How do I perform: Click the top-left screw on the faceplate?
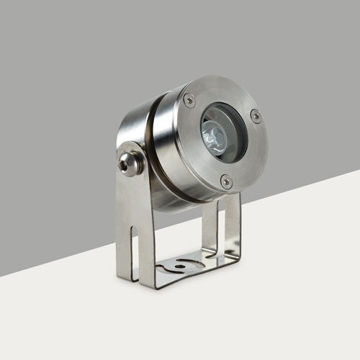(x=189, y=101)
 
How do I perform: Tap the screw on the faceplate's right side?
(x=256, y=115)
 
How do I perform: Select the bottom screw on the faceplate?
(x=227, y=182)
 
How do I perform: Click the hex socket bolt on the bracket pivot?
(x=130, y=163)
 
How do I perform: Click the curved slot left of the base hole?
(x=167, y=266)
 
